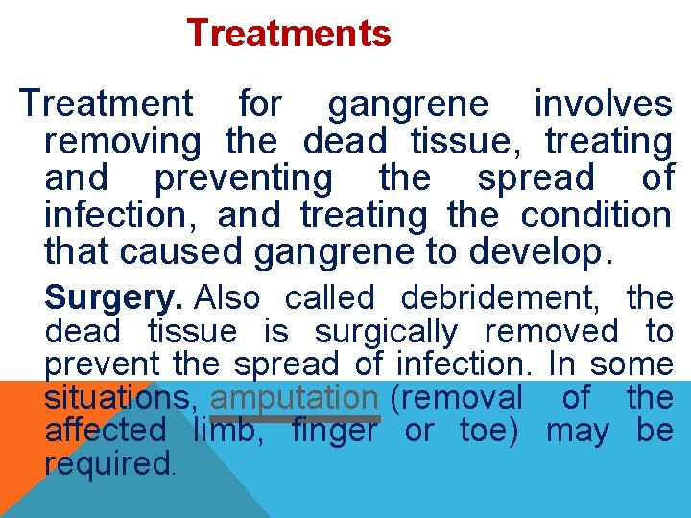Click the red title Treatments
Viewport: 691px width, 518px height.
pyautogui.click(x=289, y=34)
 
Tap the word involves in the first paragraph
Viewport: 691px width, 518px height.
pyautogui.click(x=603, y=104)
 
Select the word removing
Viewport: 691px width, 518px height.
pyautogui.click(x=123, y=142)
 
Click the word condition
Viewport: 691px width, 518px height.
pyautogui.click(x=596, y=215)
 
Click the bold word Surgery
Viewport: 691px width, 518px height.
pyautogui.click(x=113, y=298)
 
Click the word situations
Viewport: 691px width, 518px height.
pyautogui.click(x=122, y=398)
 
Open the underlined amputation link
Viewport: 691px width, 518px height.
pyautogui.click(x=295, y=398)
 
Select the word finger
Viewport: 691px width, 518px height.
pyautogui.click(x=334, y=432)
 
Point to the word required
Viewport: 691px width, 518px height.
pyautogui.click(x=107, y=464)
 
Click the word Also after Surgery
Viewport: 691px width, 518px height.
pyautogui.click(x=226, y=298)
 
